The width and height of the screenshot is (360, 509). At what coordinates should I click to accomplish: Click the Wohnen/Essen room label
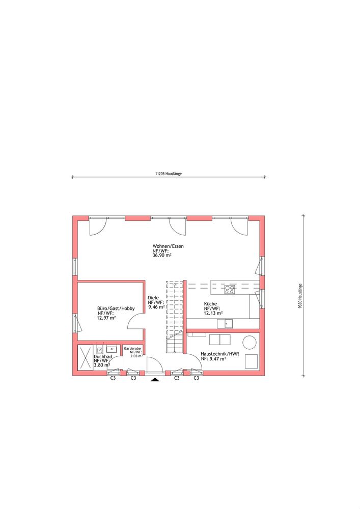pos(168,246)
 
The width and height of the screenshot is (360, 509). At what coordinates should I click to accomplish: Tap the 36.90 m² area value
pos(162,256)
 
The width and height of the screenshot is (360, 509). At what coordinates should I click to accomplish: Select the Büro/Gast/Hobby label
pos(116,309)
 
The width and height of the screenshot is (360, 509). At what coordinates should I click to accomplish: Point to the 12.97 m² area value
pos(106,318)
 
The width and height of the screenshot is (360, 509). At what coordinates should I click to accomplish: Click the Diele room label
pos(153,298)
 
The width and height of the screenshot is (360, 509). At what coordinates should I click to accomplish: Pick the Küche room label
pos(210,304)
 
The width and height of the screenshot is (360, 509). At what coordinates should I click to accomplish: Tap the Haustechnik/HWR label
pos(220,354)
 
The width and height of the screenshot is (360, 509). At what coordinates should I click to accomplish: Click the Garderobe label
pos(132,348)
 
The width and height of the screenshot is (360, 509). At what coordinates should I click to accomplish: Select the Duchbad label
pos(103,357)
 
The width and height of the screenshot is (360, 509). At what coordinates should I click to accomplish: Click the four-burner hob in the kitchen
pos(230,290)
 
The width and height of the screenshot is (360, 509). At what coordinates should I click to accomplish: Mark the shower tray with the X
pos(86,357)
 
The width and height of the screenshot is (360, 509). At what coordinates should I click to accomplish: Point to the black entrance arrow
pos(155,380)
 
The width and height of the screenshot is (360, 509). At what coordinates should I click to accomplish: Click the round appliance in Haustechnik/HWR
pos(250,343)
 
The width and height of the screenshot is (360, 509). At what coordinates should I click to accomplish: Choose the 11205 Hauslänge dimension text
pos(169,174)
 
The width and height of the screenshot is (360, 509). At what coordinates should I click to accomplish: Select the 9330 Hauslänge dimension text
pos(300,296)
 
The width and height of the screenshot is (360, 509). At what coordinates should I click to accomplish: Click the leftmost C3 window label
pos(113,378)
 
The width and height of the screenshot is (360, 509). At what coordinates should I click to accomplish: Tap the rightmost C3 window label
pos(197,378)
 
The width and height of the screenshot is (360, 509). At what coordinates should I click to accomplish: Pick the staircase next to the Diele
pos(175,317)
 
